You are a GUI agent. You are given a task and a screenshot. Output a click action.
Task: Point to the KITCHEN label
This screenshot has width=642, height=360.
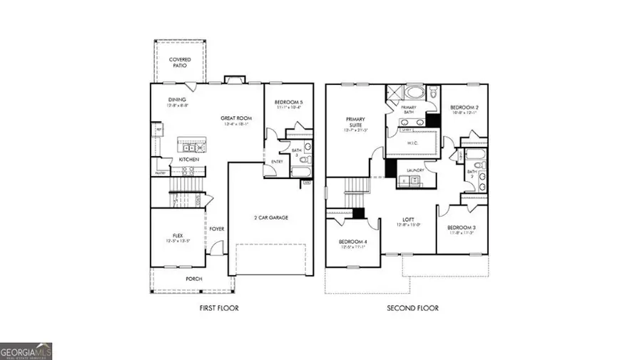pyautogui.click(x=188, y=160)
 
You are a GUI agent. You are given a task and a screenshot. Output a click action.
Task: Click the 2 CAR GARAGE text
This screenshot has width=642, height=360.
pyautogui.click(x=271, y=217)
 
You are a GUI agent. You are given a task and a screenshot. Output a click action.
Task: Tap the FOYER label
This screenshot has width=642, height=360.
pyautogui.click(x=217, y=229)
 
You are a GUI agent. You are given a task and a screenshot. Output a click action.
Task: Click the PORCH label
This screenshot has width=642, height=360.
pyautogui.click(x=194, y=279)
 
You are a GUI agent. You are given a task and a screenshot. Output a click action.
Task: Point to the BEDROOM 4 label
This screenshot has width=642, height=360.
pyautogui.click(x=353, y=243)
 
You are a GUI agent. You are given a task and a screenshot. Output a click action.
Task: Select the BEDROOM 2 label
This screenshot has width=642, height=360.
pyautogui.click(x=463, y=108)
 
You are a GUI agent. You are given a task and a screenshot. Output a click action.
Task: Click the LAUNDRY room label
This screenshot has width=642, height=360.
pyautogui.click(x=415, y=170)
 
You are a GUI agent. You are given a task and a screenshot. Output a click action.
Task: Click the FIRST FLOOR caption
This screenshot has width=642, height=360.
pyautogui.click(x=218, y=308)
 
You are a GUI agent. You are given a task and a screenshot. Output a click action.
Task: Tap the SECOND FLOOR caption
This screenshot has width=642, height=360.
pyautogui.click(x=413, y=308)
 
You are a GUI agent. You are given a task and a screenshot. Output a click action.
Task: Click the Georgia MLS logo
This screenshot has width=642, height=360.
pyautogui.click(x=26, y=351)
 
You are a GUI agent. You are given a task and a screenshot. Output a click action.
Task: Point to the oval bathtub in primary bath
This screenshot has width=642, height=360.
pyautogui.click(x=414, y=93)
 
